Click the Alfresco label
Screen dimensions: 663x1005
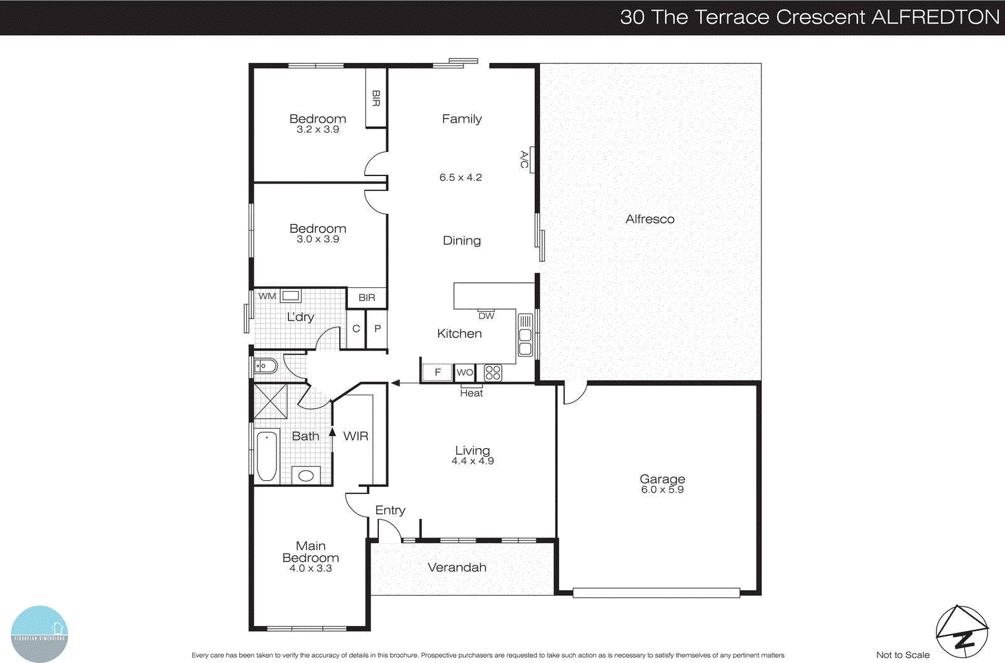coord(649,219)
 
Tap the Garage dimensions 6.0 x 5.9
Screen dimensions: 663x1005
coord(662,490)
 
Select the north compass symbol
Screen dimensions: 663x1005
coord(962,632)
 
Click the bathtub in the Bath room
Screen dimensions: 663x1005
coord(267,456)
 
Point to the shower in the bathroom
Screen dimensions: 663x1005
coord(270,401)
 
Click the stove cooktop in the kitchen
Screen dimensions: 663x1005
coord(493,373)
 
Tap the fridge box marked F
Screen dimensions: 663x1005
coord(437,373)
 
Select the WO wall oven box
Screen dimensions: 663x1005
coord(465,373)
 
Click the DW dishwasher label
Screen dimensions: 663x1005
coord(486,316)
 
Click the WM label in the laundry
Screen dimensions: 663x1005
coord(267,296)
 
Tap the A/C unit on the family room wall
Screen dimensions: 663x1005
coord(526,160)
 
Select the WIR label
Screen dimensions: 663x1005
coord(356,436)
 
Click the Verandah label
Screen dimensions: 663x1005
coord(457,567)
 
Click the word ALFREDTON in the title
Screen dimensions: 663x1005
coord(935,17)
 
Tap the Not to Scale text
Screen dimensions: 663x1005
coord(903,655)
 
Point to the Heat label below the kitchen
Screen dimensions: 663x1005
coord(471,393)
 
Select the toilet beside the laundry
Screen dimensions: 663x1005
coord(266,365)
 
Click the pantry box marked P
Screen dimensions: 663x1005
coord(377,329)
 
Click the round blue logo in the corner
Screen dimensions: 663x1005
coord(39,633)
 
